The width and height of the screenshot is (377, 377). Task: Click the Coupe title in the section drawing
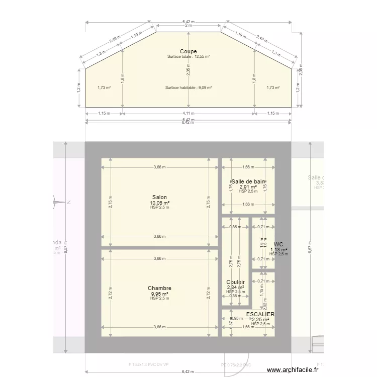(x=189, y=51)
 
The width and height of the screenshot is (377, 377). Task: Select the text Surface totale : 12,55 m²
(x=189, y=57)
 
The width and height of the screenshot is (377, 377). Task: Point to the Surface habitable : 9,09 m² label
(x=189, y=87)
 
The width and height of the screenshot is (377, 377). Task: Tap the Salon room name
(x=160, y=197)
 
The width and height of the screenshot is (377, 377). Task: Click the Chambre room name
(x=160, y=288)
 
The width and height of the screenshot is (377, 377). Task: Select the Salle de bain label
(x=248, y=181)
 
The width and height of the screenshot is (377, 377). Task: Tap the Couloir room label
(x=235, y=282)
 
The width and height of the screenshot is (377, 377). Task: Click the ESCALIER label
(x=260, y=314)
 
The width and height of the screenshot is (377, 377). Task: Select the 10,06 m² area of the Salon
(x=160, y=203)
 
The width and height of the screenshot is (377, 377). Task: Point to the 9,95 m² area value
(x=160, y=294)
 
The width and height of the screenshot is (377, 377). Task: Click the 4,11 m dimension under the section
(x=189, y=113)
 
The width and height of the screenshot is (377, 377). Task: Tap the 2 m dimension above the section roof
(x=189, y=25)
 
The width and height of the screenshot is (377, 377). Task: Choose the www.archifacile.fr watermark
(x=293, y=369)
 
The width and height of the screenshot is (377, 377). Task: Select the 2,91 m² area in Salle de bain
(x=248, y=186)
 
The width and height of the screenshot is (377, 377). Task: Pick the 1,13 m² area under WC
(x=278, y=249)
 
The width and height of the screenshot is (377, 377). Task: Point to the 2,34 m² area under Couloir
(x=235, y=288)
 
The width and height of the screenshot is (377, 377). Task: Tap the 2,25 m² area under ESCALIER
(x=260, y=320)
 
